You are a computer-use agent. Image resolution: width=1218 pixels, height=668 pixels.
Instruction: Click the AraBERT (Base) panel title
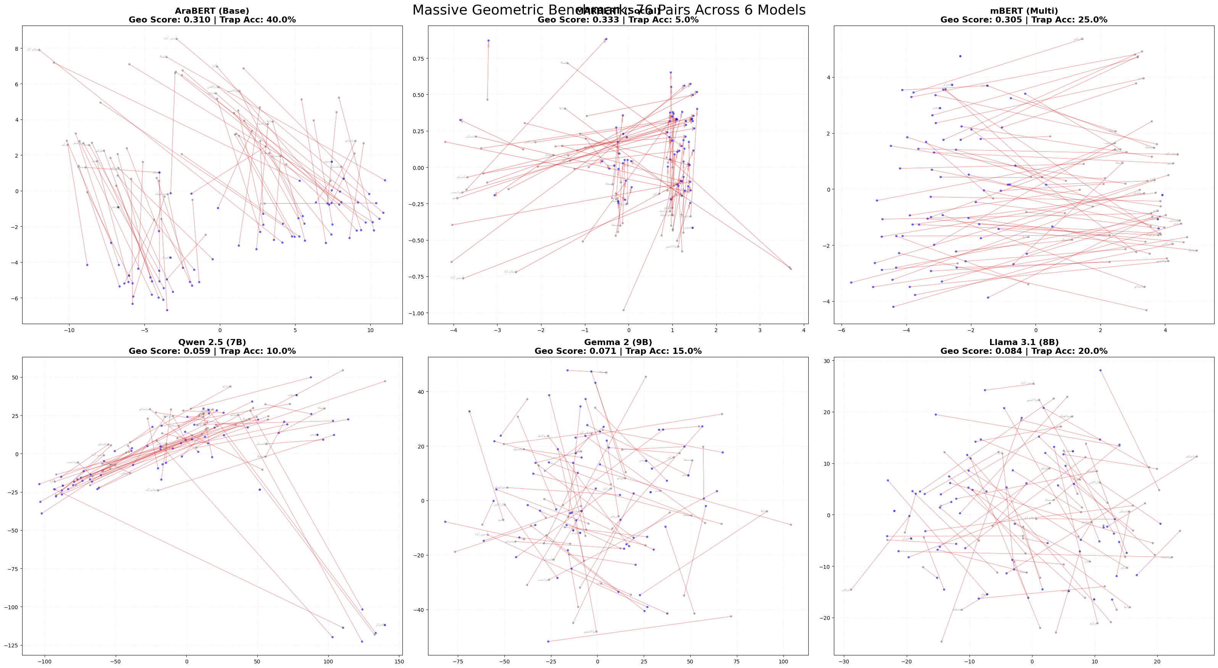[212, 11]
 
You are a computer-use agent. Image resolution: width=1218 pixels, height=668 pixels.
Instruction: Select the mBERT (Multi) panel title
[1024, 11]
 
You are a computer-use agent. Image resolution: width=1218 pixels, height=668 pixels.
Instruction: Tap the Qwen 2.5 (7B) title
[212, 342]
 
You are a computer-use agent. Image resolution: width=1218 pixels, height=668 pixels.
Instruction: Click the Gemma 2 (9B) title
[618, 342]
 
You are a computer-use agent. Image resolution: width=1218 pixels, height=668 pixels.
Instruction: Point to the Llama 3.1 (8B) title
[1024, 342]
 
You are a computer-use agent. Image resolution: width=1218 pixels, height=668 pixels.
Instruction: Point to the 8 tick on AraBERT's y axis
[16, 49]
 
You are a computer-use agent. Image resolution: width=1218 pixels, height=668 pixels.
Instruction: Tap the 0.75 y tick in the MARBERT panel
[418, 59]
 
